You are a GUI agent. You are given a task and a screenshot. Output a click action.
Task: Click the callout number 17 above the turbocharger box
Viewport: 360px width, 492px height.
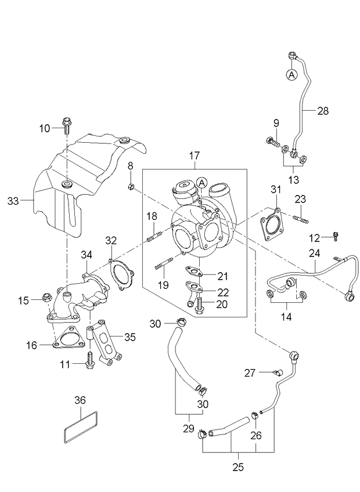[193, 155]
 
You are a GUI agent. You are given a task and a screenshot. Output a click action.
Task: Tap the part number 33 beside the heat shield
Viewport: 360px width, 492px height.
[13, 201]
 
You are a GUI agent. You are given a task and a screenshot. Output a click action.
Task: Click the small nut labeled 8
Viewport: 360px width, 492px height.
[132, 186]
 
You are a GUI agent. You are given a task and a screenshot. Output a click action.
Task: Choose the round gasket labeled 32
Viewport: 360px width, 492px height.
[121, 275]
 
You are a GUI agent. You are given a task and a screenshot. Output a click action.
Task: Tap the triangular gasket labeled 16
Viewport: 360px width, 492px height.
[69, 339]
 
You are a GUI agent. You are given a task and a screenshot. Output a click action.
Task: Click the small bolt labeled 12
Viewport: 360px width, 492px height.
[336, 236]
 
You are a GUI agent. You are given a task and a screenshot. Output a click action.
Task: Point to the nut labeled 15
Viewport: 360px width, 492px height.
[45, 299]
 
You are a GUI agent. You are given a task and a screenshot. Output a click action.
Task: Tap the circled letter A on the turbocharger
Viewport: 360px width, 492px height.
[201, 183]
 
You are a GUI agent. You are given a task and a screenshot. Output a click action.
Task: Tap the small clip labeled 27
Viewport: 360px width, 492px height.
[278, 372]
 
